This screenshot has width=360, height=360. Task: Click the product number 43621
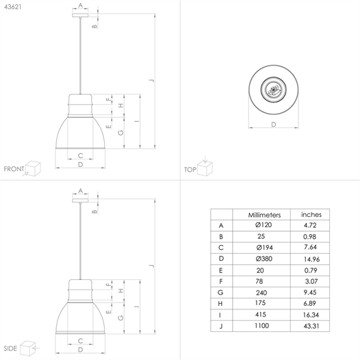tap(12, 7)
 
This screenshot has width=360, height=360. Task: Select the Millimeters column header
tap(264, 215)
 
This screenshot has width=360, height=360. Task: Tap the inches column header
tap(311, 215)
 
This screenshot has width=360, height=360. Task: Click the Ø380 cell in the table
tap(263, 259)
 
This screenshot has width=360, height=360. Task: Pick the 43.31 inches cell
tap(311, 326)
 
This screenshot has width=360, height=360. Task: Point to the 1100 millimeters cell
tap(261, 326)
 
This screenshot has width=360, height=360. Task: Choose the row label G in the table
tap(220, 292)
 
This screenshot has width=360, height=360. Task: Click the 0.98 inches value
tap(309, 237)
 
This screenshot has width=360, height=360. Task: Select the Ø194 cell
tap(264, 248)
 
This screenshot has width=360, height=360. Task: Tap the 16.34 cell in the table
tap(311, 315)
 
